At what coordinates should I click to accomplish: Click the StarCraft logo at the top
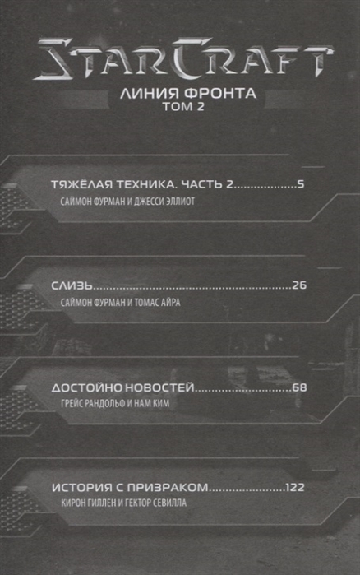(182, 58)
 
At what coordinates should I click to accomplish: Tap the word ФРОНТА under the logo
(219, 93)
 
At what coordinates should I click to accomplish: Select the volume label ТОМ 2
(183, 107)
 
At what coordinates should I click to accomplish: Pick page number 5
(301, 184)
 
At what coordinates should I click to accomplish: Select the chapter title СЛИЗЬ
(72, 285)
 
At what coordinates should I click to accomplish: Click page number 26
(299, 285)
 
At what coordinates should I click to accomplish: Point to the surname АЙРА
(170, 303)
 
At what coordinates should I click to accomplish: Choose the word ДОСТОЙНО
(86, 387)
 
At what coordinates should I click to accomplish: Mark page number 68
(299, 387)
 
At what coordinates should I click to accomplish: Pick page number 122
(295, 487)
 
